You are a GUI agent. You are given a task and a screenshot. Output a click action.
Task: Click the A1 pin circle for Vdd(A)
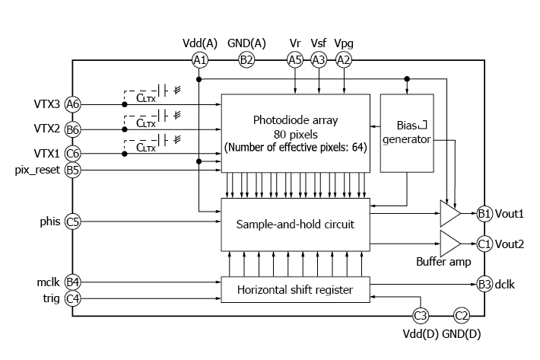click(199, 59)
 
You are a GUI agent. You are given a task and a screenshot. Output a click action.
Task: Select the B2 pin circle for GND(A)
click(246, 59)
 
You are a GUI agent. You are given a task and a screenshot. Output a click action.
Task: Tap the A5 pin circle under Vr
click(294, 59)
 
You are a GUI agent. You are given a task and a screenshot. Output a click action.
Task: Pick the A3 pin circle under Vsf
click(319, 59)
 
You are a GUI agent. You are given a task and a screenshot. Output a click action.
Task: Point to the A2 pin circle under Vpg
click(344, 59)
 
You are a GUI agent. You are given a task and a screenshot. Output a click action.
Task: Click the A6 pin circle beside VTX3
click(73, 104)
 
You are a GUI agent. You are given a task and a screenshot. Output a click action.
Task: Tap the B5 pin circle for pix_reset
click(73, 170)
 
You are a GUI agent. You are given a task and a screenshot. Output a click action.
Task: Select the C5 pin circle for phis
click(73, 222)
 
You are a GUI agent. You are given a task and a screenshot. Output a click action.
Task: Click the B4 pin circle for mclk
click(73, 282)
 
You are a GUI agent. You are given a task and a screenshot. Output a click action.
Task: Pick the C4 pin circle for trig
click(73, 298)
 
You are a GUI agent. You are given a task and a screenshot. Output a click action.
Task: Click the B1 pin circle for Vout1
click(484, 214)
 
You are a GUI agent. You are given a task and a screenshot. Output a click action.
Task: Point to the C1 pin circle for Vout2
click(484, 244)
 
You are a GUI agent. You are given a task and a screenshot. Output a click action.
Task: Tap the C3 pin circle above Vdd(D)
click(420, 315)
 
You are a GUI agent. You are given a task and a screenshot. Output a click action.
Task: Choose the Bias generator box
click(405, 132)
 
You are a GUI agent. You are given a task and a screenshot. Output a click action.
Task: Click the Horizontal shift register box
click(295, 289)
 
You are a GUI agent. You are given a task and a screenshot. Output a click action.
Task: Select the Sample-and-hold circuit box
click(295, 225)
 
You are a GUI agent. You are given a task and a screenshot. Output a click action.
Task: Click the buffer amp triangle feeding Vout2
click(449, 244)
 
